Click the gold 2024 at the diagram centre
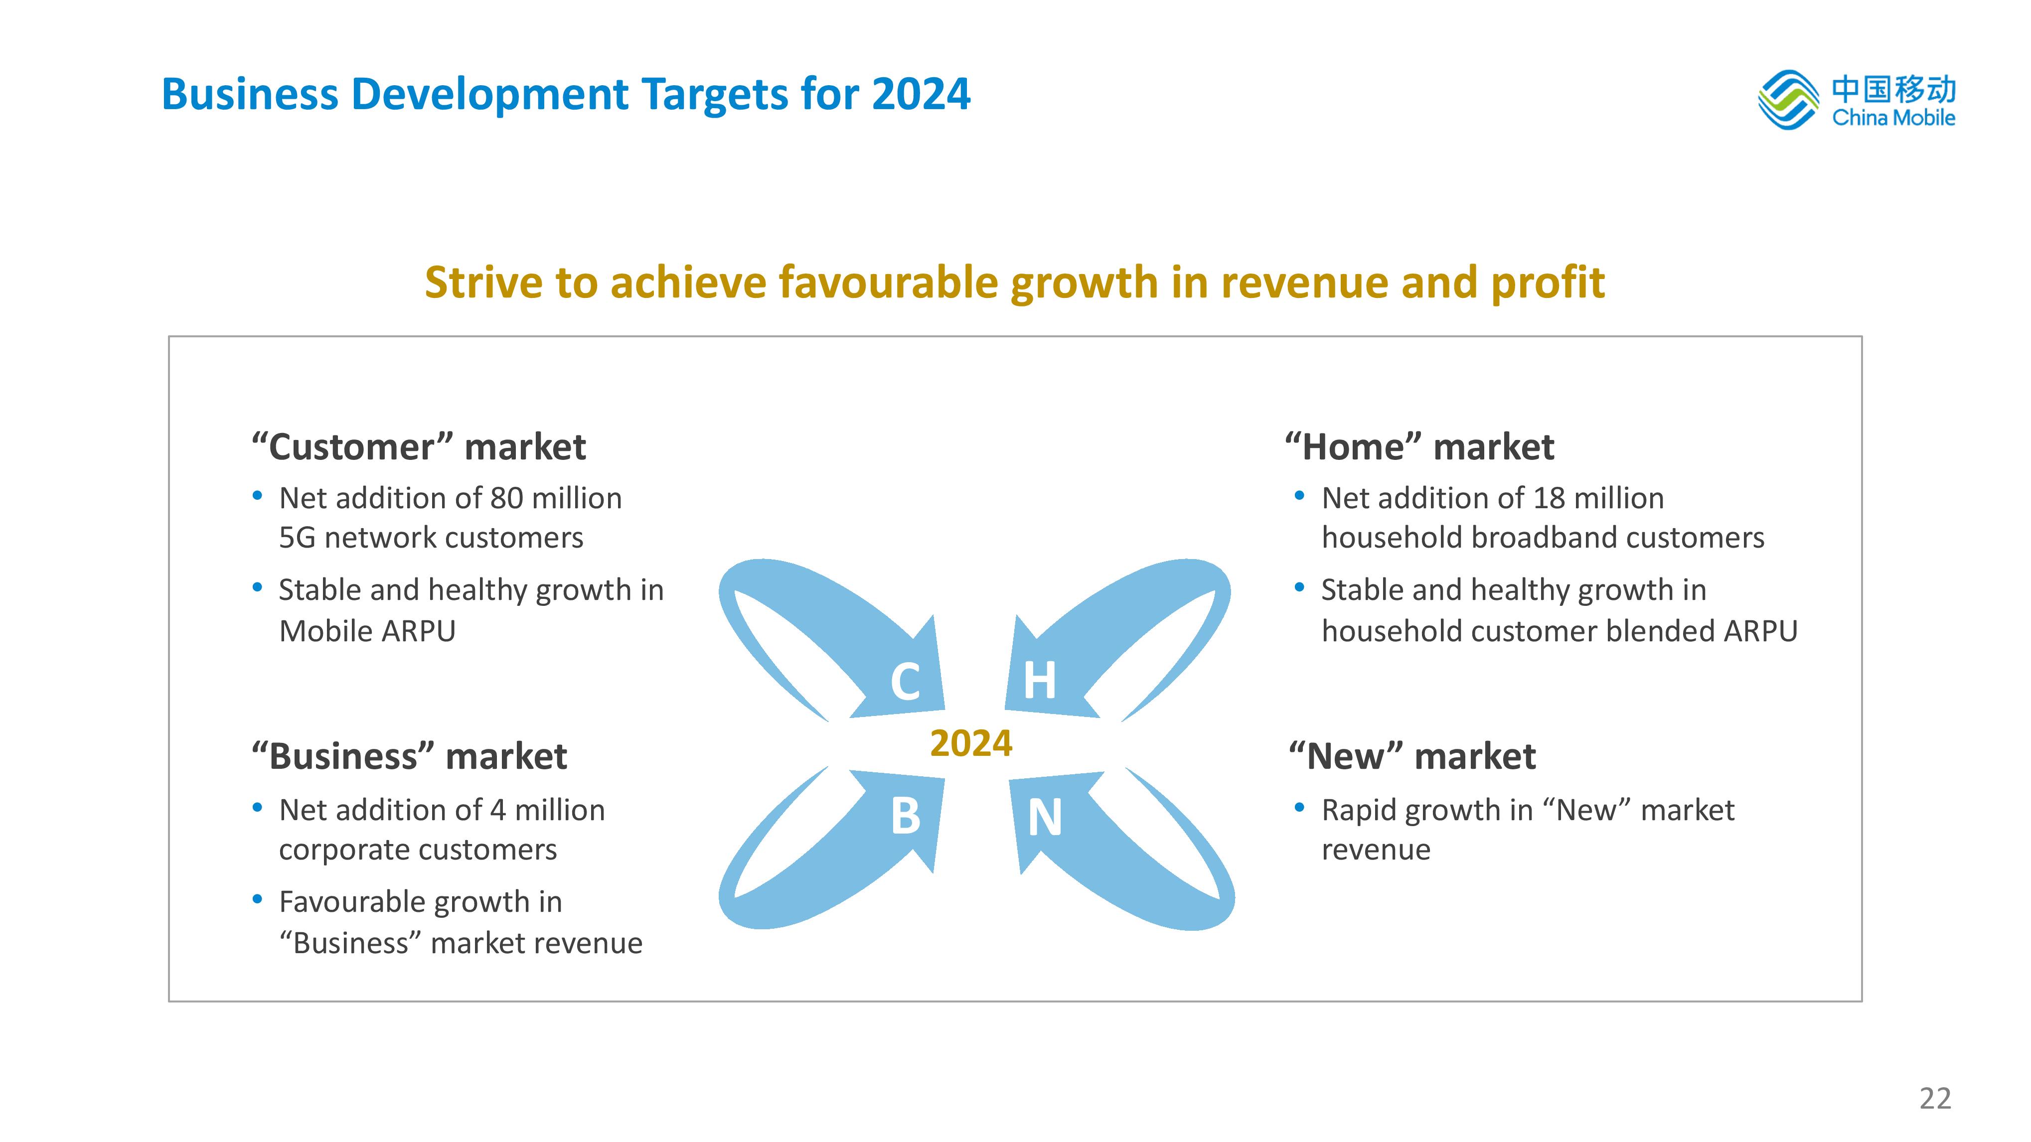click(x=970, y=743)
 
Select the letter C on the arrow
click(x=905, y=681)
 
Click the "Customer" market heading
click(x=419, y=447)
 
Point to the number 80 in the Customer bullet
click(x=506, y=498)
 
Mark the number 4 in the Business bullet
click(x=497, y=810)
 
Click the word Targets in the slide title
click(x=714, y=95)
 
